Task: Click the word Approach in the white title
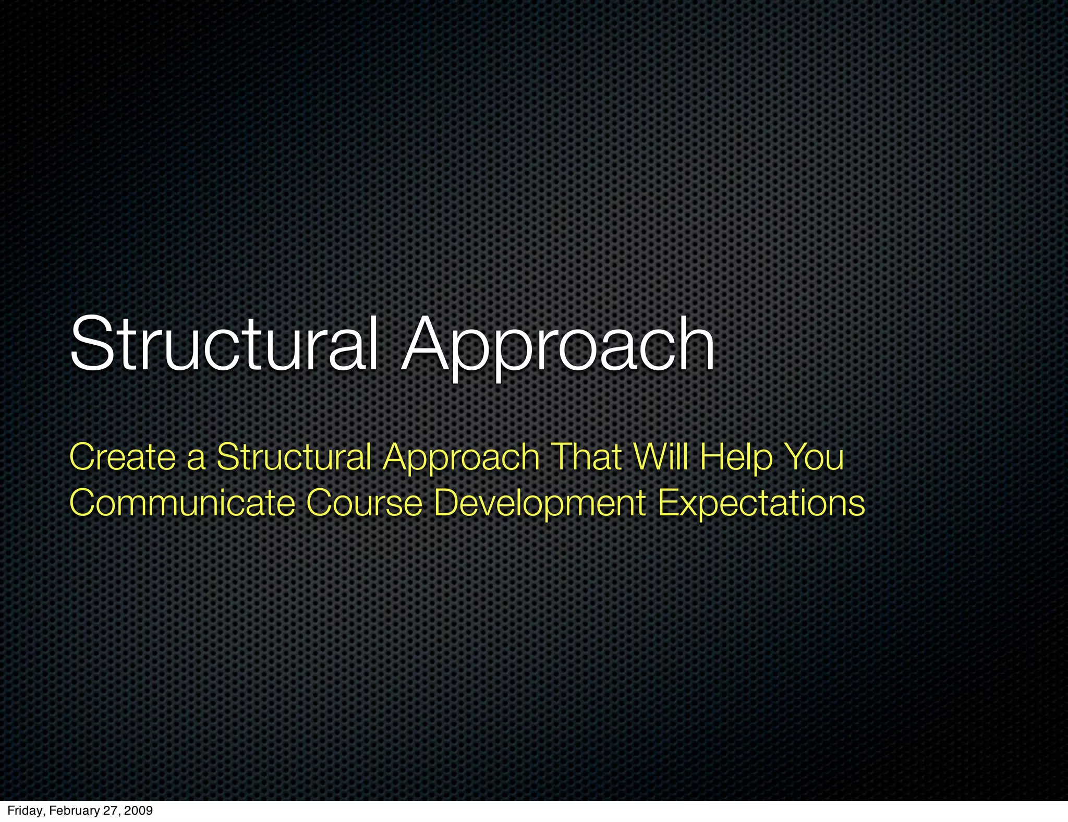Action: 558,347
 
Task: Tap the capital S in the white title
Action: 89,344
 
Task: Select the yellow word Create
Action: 123,457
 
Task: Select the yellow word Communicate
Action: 182,503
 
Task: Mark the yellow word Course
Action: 364,503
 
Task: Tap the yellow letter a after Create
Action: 197,459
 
